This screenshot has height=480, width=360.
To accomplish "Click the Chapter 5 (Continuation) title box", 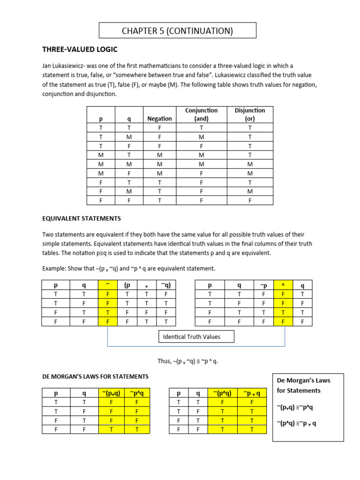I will [178, 31].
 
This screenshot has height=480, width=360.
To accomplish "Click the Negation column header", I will [159, 119].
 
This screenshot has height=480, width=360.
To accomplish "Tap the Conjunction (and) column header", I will [202, 114].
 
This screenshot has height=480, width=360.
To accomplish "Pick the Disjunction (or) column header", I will [250, 114].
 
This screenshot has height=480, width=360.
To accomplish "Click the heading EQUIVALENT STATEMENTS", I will [82, 218].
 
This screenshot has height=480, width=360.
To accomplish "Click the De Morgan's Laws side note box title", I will [298, 386].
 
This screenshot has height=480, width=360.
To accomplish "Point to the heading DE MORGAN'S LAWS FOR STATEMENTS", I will [95, 376].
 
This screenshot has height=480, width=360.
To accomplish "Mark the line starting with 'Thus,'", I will [188, 361].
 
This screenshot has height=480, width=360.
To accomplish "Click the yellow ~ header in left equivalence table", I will [108, 285].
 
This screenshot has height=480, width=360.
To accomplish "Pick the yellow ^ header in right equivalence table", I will [283, 285].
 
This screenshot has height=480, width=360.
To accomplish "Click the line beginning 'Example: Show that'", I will [129, 269].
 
